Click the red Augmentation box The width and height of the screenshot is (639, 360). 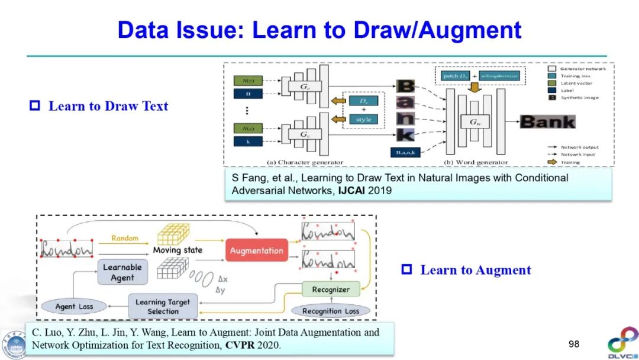[x=256, y=250]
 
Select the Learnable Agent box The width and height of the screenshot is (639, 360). [x=122, y=272]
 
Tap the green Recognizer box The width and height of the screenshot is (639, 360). [x=330, y=290]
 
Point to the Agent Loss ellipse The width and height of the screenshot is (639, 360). [x=74, y=307]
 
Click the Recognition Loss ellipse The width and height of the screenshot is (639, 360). [x=330, y=311]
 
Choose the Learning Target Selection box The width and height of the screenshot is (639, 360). [x=163, y=307]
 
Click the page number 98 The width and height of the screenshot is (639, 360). [x=574, y=344]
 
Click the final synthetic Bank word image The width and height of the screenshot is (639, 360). [x=547, y=122]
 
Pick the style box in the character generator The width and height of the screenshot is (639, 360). [x=363, y=119]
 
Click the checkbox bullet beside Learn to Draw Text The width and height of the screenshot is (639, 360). [x=34, y=107]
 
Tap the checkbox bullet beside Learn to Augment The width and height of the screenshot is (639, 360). [x=406, y=270]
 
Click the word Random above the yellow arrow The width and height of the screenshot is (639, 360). [x=124, y=238]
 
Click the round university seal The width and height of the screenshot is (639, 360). [x=13, y=344]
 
